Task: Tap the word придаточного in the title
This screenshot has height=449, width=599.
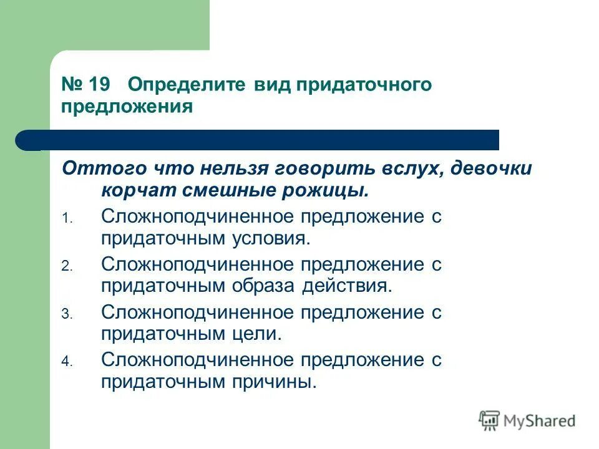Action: point(363,84)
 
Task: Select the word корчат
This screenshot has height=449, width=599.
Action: point(134,190)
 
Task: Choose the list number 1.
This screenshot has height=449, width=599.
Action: point(67,219)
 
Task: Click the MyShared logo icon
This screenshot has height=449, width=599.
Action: point(489,420)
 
